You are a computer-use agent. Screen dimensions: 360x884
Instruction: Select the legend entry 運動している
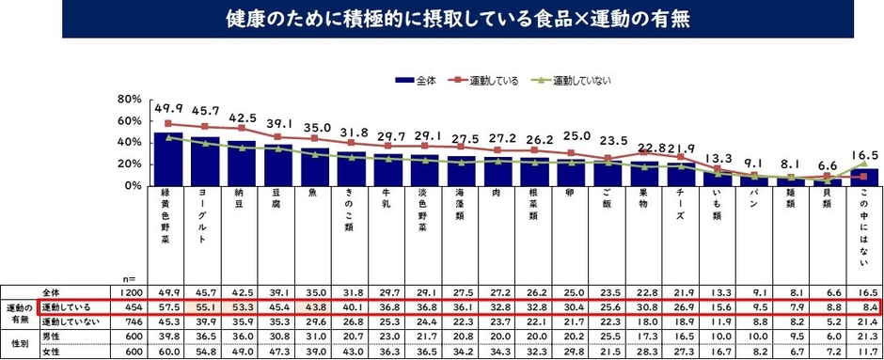(x=493, y=81)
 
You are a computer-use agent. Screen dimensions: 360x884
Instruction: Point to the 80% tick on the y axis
(x=128, y=100)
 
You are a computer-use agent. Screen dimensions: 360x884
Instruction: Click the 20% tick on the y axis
(x=128, y=164)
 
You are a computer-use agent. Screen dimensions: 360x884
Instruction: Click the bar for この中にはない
(x=863, y=177)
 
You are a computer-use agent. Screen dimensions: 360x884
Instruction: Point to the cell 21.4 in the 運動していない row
(x=862, y=321)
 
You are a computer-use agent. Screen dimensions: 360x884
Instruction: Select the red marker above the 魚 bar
(x=315, y=138)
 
